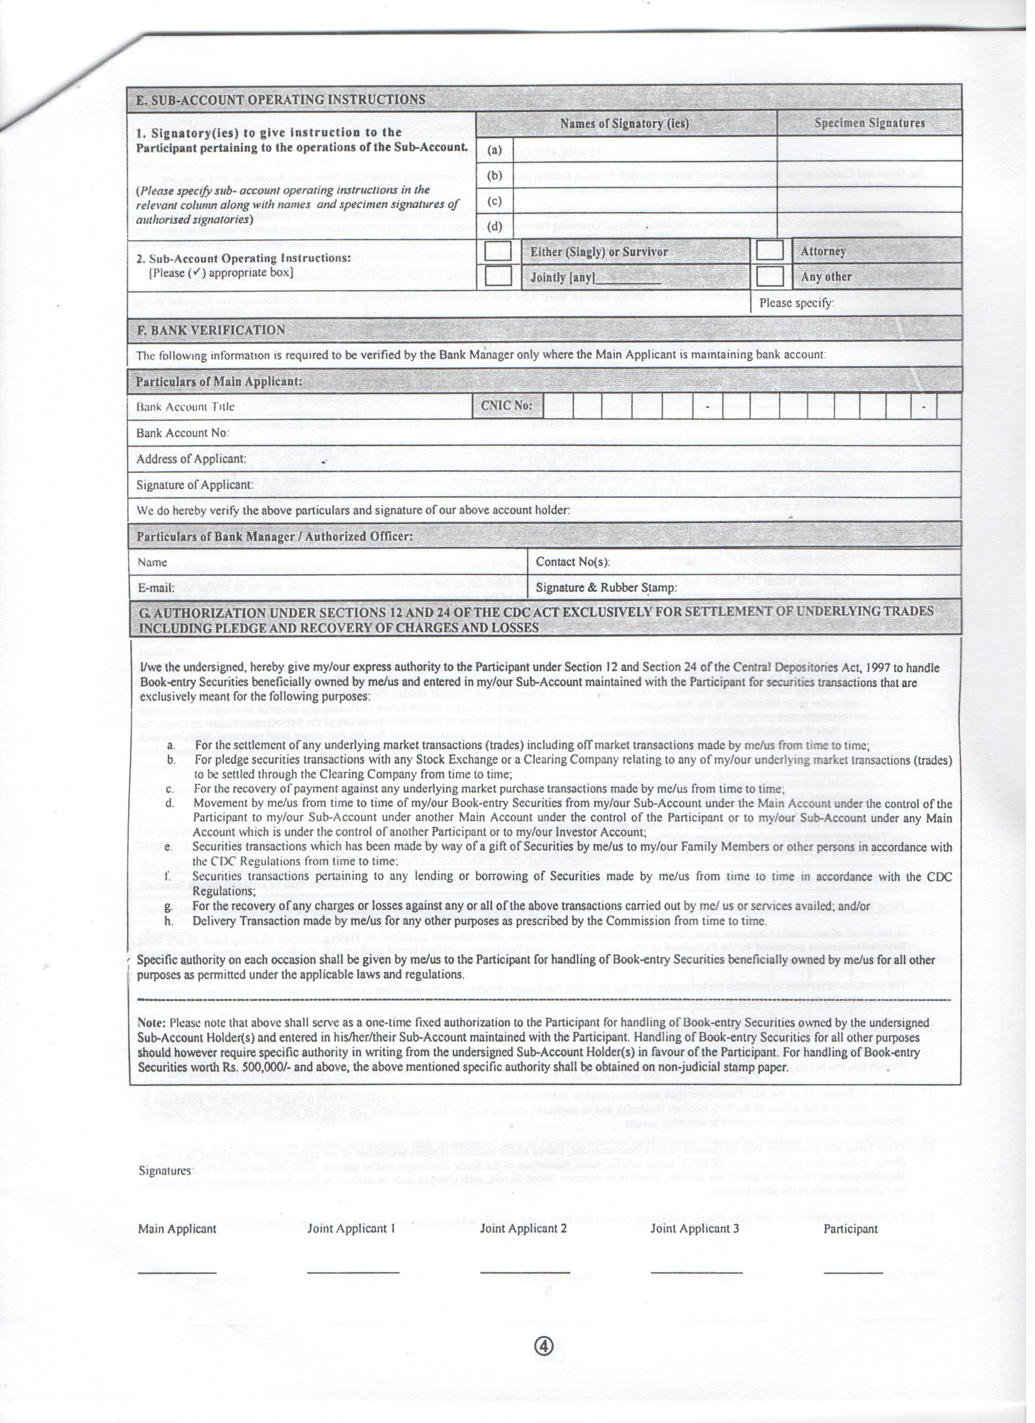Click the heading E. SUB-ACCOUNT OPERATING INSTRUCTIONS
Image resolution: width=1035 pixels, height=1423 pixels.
(280, 100)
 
